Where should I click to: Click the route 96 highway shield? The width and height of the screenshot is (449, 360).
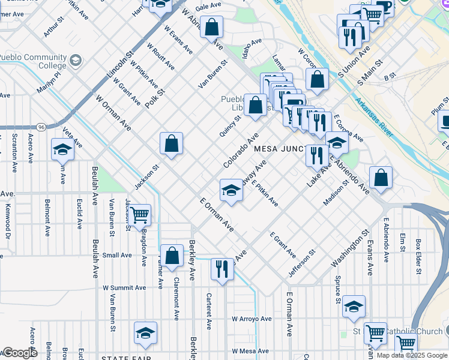(x=40, y=127)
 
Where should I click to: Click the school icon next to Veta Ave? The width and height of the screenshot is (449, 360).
(x=63, y=149)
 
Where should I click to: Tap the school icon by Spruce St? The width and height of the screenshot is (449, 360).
(x=354, y=306)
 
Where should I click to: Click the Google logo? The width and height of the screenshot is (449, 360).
(x=19, y=353)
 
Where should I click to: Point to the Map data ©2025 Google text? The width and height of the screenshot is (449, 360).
(x=412, y=355)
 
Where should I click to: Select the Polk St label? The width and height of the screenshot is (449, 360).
(x=154, y=97)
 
